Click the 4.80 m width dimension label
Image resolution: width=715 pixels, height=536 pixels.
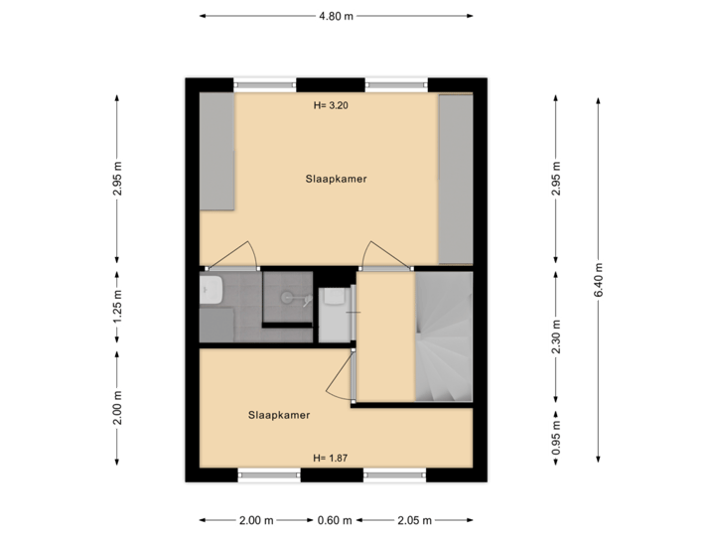tap(336, 16)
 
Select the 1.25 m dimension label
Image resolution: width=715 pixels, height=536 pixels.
tap(117, 307)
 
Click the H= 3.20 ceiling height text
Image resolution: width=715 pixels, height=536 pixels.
tap(331, 104)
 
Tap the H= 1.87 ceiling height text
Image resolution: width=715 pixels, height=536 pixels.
tap(331, 458)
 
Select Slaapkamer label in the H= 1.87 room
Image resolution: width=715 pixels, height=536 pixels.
tap(279, 415)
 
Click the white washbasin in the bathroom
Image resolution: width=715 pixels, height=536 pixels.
tap(210, 290)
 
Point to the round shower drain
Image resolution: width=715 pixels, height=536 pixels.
tap(288, 295)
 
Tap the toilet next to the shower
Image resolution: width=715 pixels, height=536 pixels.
tap(334, 299)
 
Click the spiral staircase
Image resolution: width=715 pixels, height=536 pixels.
tap(443, 337)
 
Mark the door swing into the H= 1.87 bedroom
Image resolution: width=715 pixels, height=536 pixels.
tap(344, 378)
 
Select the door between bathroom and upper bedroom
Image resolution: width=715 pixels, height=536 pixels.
tap(237, 256)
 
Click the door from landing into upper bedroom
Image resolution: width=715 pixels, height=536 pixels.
tap(381, 256)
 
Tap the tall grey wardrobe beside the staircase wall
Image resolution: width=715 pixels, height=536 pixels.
tap(456, 179)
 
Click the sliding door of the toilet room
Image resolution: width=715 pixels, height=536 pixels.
tap(355, 313)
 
